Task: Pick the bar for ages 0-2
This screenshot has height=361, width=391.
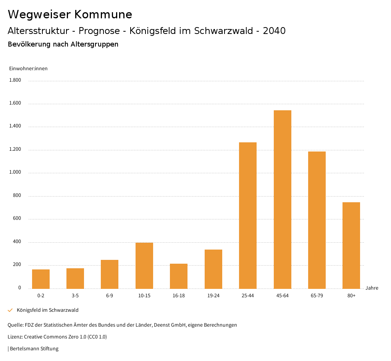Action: coord(41,279)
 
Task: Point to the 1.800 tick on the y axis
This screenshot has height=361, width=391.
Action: coord(15,81)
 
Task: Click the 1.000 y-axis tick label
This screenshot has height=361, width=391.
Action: coord(15,172)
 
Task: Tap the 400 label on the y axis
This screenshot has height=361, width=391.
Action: coord(17,242)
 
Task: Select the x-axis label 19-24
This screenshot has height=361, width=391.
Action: coord(213,296)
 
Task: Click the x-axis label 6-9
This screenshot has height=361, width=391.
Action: coord(110,296)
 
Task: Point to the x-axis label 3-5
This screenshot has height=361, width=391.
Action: coord(75,296)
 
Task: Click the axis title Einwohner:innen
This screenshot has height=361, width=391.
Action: coord(28,69)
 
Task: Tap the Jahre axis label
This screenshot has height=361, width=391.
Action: coord(372,288)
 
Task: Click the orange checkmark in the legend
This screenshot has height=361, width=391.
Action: coord(10,310)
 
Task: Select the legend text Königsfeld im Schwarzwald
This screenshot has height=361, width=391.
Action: coord(48,310)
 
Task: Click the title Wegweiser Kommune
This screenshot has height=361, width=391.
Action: coord(70,15)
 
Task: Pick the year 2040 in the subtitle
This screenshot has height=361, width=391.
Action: coord(274,31)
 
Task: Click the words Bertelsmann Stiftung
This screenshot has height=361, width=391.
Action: coord(34,349)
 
